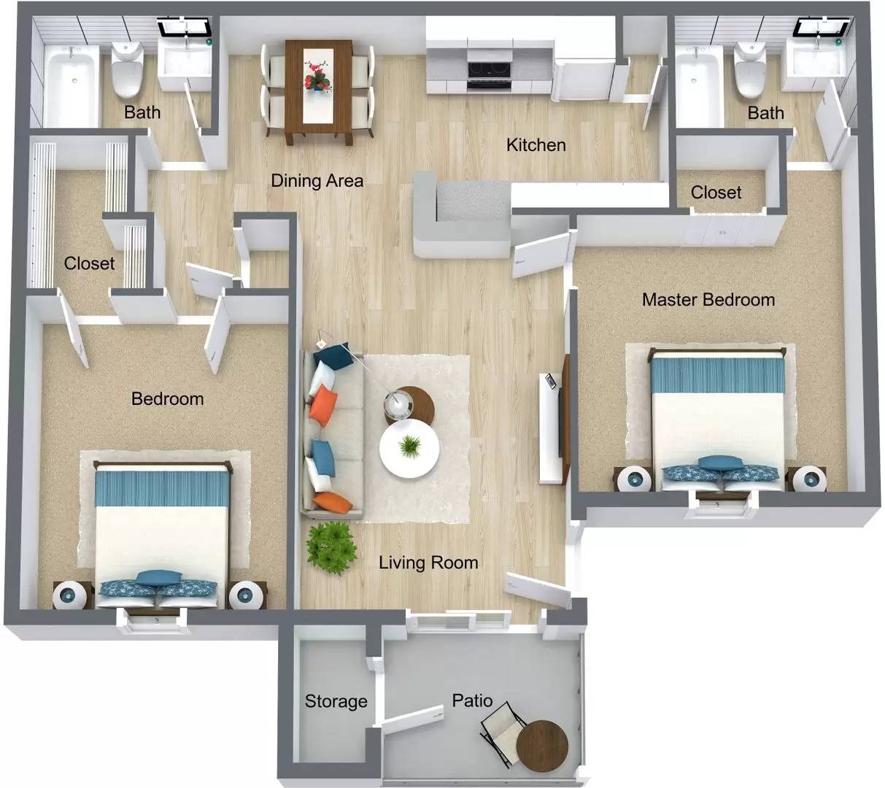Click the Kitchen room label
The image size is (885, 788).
pyautogui.click(x=536, y=144)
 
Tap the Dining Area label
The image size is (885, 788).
pyautogui.click(x=317, y=180)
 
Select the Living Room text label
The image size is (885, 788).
pyautogui.click(x=428, y=563)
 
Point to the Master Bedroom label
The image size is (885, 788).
pyautogui.click(x=708, y=299)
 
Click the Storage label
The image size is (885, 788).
pyautogui.click(x=336, y=701)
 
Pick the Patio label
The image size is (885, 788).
pyautogui.click(x=472, y=700)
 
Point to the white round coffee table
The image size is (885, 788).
pyautogui.click(x=409, y=449)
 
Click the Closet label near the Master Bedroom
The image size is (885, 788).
pyautogui.click(x=716, y=193)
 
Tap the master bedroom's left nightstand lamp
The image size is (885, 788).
pyautogui.click(x=633, y=479)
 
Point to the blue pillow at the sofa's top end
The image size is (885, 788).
pyautogui.click(x=334, y=357)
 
